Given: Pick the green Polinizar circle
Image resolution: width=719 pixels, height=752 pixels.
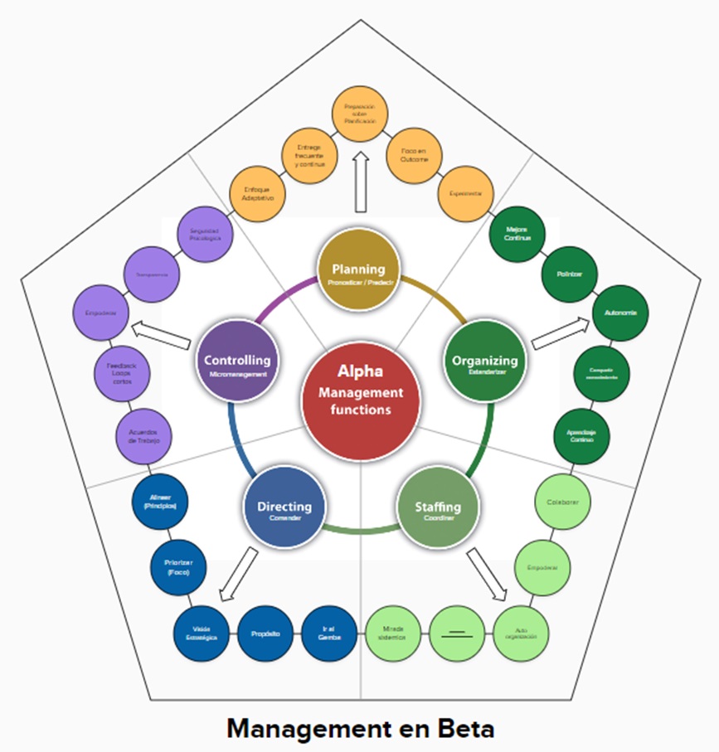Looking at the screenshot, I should coord(570,272).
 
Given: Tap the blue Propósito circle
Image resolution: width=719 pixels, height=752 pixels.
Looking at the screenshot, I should coord(265,633).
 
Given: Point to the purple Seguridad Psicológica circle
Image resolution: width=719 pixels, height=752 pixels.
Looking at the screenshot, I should coord(205,234).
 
